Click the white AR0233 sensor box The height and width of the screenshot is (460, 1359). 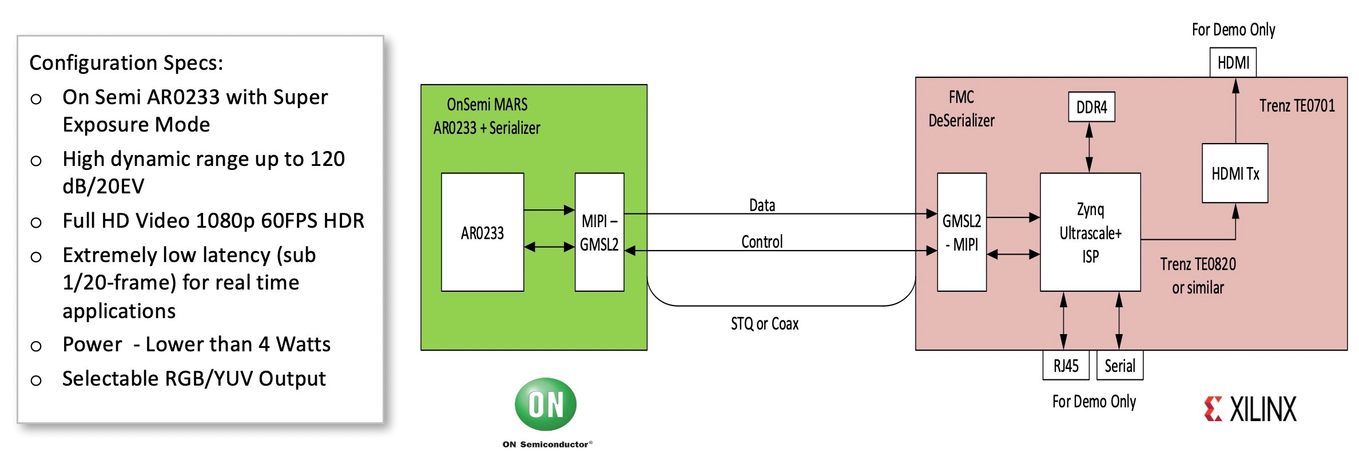coord(482,232)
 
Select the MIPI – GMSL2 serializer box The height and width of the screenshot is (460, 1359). coord(599,232)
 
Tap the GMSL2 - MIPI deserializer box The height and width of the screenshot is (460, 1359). coord(961,232)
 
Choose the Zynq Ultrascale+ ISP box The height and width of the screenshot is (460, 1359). coord(1090,232)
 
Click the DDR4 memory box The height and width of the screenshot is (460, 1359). coord(1091,107)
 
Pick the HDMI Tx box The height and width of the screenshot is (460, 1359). coord(1235,173)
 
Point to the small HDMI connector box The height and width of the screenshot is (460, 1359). coord(1233,62)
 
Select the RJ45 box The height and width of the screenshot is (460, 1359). coord(1066,366)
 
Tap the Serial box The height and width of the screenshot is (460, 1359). coord(1119,366)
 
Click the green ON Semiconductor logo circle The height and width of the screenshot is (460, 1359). coord(546,404)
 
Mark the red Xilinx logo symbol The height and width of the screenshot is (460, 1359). coord(1213,409)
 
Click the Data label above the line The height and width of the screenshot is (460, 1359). coord(762,205)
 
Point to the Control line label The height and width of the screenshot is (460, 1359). coord(762,242)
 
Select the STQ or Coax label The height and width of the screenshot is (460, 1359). coord(764,324)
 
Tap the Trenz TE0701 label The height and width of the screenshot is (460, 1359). coord(1297,106)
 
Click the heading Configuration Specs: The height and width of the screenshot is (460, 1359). coord(126,62)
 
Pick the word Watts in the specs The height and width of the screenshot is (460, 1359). coord(303,344)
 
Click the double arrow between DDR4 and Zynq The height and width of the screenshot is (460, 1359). coord(1089,147)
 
